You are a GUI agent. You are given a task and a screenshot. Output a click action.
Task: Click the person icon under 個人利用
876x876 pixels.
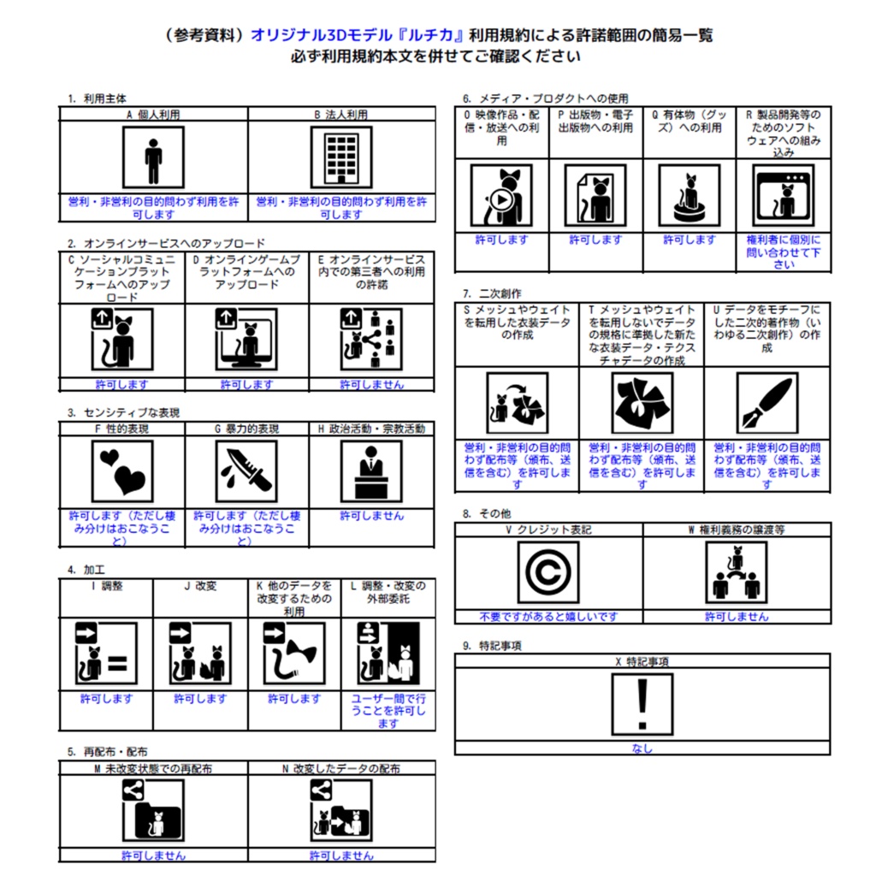(x=154, y=158)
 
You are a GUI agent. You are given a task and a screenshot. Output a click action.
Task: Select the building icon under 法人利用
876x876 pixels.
(x=341, y=158)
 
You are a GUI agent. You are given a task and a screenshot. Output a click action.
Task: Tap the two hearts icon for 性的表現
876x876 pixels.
(x=122, y=471)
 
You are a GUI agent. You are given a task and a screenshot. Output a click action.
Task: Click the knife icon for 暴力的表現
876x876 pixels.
(x=246, y=471)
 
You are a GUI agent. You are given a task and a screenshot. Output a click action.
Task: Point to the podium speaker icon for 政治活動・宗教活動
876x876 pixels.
(x=371, y=471)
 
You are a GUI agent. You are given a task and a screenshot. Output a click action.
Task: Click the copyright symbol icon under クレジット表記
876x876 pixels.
(x=548, y=572)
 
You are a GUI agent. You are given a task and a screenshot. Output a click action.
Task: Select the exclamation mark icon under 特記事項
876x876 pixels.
(x=642, y=705)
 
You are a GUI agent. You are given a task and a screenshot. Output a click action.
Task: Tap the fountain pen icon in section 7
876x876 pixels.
(x=767, y=403)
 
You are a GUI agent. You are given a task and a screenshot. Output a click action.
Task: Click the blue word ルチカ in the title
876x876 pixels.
(x=429, y=34)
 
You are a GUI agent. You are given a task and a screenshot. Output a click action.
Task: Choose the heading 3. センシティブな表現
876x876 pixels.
(x=123, y=413)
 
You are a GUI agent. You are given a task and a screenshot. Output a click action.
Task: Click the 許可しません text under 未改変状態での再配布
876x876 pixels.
(x=154, y=855)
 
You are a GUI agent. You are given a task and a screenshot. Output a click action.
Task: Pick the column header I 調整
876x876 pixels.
(x=107, y=586)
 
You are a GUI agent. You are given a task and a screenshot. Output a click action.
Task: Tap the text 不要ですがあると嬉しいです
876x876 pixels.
(x=548, y=617)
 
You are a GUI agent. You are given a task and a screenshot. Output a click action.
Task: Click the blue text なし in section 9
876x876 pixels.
(x=642, y=748)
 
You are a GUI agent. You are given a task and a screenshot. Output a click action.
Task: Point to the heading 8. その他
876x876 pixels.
(x=487, y=513)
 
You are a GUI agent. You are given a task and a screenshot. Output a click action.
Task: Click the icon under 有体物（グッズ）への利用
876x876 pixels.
(x=690, y=196)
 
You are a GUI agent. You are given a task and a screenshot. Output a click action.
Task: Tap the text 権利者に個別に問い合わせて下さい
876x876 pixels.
(x=784, y=252)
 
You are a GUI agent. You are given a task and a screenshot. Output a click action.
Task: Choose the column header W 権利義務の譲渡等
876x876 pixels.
(x=737, y=530)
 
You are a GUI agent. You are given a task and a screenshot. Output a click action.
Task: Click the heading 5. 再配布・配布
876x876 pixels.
(x=107, y=752)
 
